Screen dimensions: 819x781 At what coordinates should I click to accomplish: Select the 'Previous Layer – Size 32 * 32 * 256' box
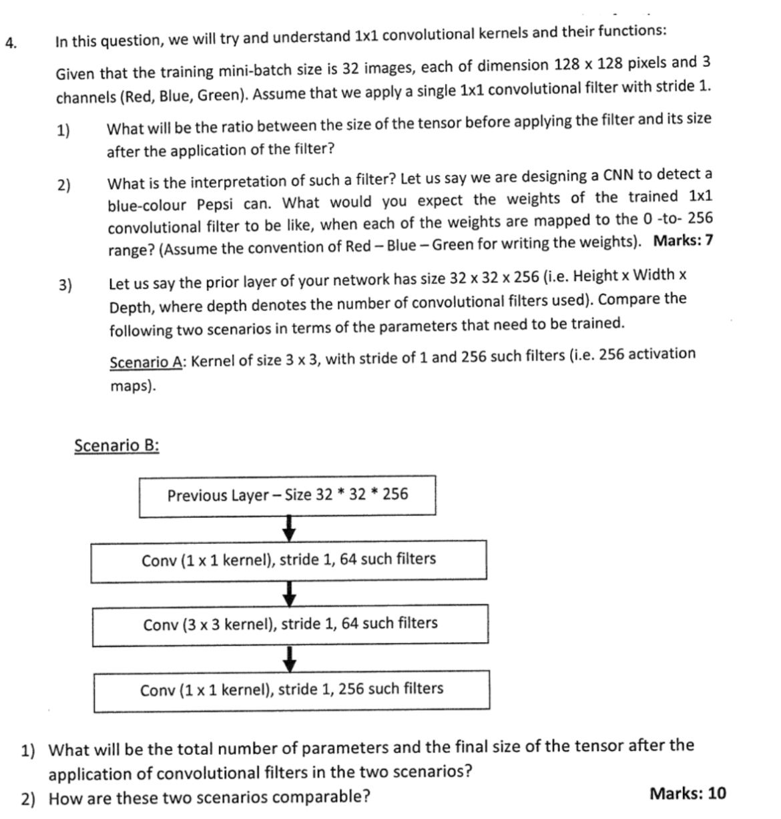(287, 496)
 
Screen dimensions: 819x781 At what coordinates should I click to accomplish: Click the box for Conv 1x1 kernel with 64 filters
(288, 561)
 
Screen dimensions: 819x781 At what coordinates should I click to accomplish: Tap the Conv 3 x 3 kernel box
(290, 625)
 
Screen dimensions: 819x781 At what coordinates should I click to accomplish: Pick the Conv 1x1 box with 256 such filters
(291, 690)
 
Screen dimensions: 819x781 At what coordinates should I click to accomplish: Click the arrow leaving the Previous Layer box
(288, 528)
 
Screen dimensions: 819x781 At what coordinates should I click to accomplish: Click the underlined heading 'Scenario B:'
(117, 445)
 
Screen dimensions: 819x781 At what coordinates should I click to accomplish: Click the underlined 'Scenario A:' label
(148, 362)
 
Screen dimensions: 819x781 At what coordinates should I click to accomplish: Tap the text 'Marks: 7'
(683, 241)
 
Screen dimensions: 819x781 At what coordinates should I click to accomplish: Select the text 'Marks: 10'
(688, 794)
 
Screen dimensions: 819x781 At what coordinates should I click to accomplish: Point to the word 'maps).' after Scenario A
(133, 386)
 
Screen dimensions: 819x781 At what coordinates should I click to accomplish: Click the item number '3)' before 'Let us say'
(65, 285)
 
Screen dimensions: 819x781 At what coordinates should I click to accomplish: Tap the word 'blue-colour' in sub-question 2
(148, 204)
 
